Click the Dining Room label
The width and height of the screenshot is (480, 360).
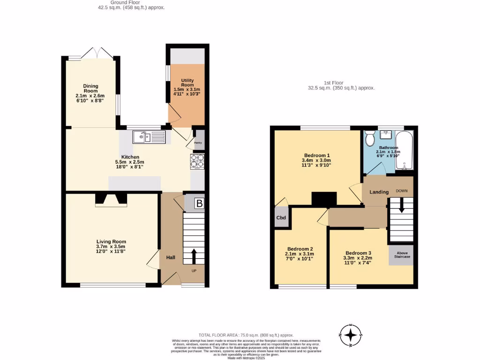point(90,88)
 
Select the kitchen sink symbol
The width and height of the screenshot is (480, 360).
point(149,137)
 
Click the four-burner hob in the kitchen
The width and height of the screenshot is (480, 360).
point(197,162)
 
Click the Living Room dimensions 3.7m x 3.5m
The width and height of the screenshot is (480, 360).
point(111,247)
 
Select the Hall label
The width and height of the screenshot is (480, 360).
point(170,257)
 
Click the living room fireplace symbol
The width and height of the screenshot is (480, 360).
point(111,200)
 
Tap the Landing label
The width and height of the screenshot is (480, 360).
point(379,192)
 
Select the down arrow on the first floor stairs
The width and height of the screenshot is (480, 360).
point(401,207)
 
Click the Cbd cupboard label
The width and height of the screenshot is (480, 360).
point(282,218)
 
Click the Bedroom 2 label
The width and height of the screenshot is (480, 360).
point(300,249)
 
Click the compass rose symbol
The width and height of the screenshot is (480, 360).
point(350,335)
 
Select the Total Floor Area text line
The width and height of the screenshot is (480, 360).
point(246,335)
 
